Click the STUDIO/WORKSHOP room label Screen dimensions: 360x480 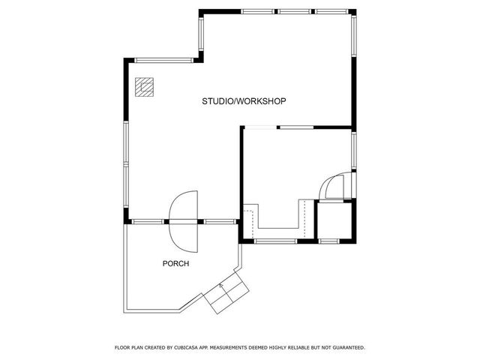pyautogui.click(x=244, y=100)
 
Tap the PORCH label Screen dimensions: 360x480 pyautogui.click(x=175, y=264)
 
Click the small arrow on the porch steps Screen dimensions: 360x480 pyautogui.click(x=222, y=286)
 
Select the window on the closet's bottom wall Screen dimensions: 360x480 pyautogui.click(x=330, y=241)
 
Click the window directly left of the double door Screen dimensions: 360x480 pyautogui.click(x=149, y=221)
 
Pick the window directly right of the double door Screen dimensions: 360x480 pyautogui.click(x=217, y=221)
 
